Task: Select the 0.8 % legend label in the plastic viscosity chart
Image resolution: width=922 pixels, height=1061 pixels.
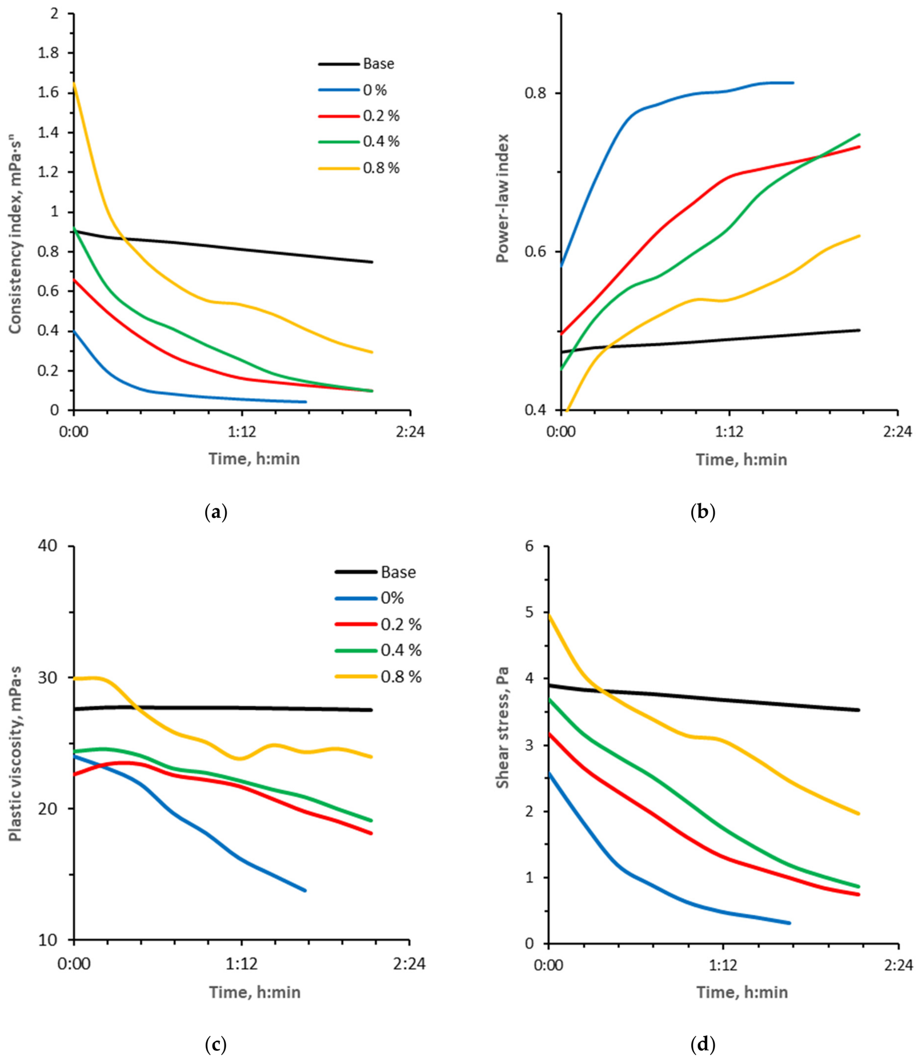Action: (x=401, y=676)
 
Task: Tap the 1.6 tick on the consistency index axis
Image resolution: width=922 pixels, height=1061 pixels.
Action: (x=48, y=92)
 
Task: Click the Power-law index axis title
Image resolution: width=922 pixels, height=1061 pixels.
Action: (x=502, y=198)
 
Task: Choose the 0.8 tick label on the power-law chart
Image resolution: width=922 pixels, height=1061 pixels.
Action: (x=535, y=93)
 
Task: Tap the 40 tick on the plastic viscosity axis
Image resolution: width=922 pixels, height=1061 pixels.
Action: (x=47, y=546)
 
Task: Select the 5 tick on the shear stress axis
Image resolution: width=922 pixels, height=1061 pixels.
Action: (x=530, y=612)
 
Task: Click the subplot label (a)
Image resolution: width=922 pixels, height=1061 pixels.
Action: (x=216, y=512)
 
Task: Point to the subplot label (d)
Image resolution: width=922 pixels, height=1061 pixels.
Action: (x=703, y=1046)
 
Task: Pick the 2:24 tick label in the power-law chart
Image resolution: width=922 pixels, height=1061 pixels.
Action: (x=897, y=431)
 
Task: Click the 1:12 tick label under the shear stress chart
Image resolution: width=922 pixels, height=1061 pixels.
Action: (x=723, y=965)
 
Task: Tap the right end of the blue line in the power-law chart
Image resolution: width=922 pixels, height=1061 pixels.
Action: (x=793, y=83)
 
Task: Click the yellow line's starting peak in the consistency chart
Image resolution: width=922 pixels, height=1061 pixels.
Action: (x=74, y=83)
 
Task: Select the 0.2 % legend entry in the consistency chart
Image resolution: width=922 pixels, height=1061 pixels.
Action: (x=359, y=115)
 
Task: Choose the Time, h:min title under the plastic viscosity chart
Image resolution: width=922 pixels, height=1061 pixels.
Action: (x=255, y=992)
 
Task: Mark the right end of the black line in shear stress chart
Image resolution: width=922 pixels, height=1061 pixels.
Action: (x=859, y=710)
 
